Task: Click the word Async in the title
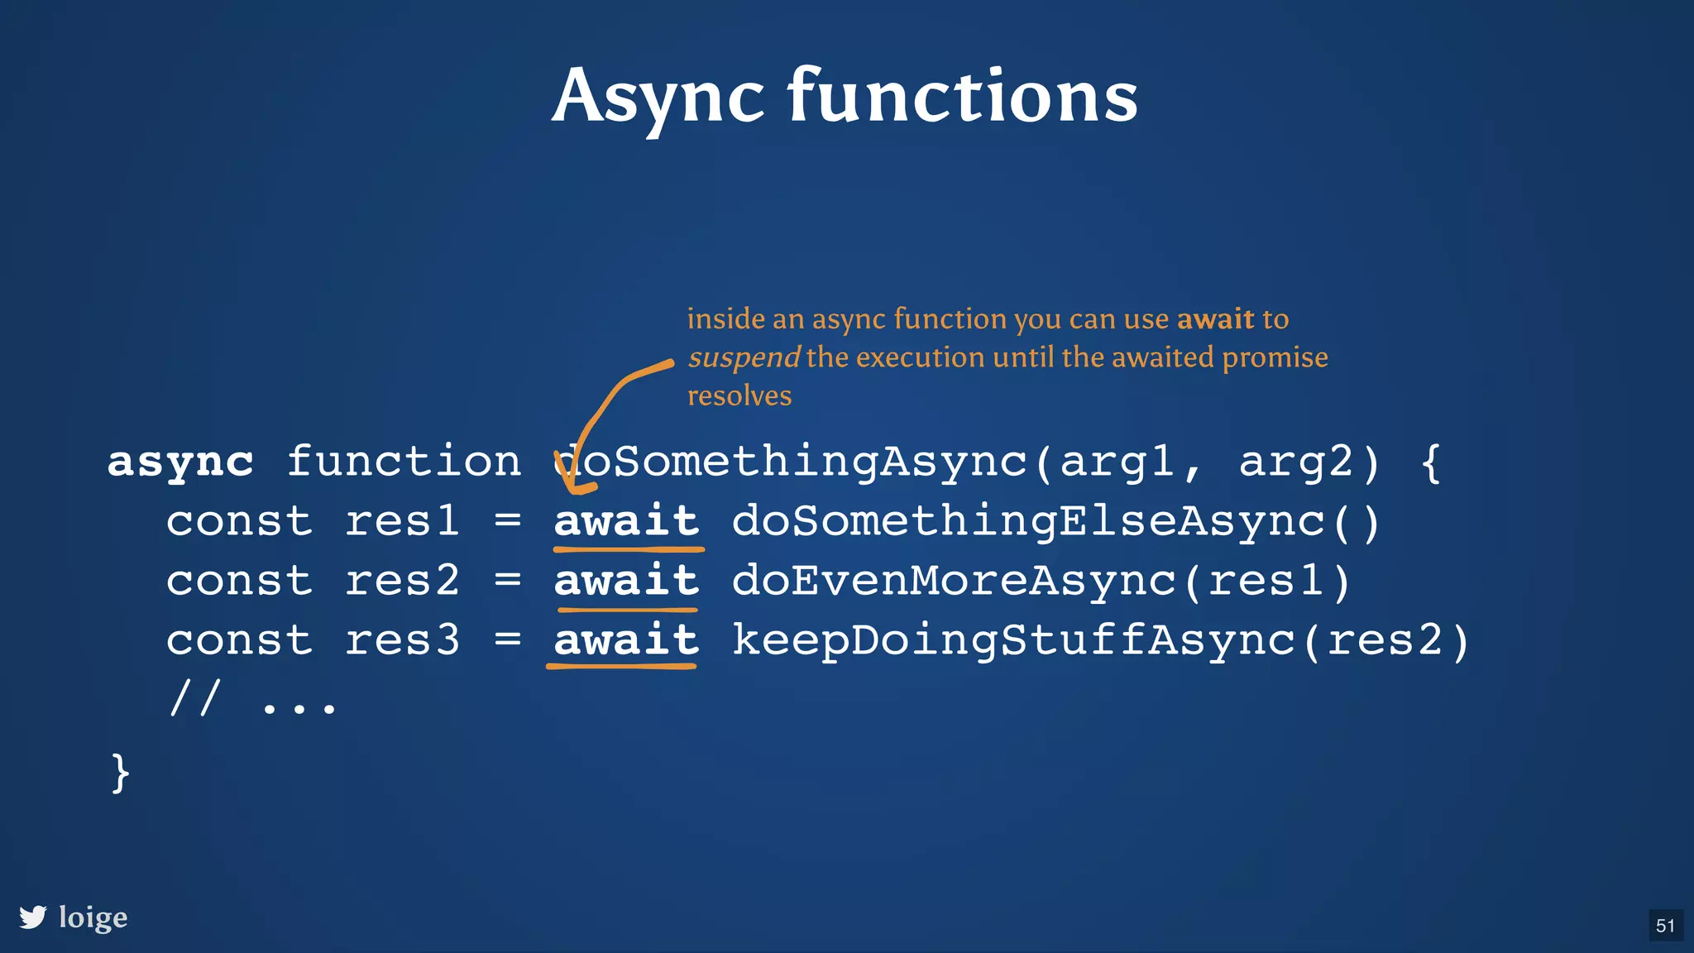tap(658, 98)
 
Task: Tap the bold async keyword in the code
tap(180, 462)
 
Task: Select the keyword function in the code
tap(404, 462)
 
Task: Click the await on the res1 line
tap(626, 521)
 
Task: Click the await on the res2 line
tap(626, 581)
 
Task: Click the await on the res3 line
tap(626, 640)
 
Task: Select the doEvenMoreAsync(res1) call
tap(1041, 581)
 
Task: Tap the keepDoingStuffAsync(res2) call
tap(1101, 640)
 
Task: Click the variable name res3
tap(402, 640)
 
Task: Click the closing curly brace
tap(121, 773)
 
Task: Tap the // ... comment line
tap(253, 700)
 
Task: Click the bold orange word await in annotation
tap(1215, 319)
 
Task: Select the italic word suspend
tap(743, 357)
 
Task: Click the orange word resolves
tap(739, 395)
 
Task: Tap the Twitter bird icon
tap(33, 917)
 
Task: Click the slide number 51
tap(1665, 925)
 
